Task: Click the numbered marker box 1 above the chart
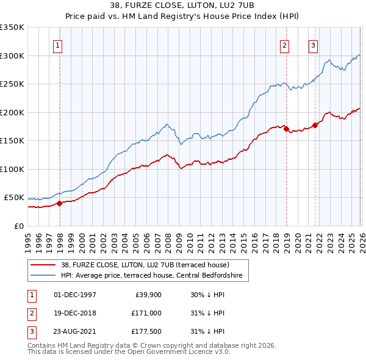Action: click(x=57, y=45)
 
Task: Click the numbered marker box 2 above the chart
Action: click(x=285, y=45)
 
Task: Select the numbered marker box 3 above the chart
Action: click(x=313, y=45)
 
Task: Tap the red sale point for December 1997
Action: click(x=59, y=204)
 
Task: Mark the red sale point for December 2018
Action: click(x=286, y=129)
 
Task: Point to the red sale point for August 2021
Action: click(x=315, y=125)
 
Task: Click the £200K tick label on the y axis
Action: click(x=12, y=112)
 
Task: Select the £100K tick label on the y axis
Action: click(x=12, y=169)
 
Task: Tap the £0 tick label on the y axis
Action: click(x=18, y=226)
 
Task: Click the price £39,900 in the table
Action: click(x=147, y=295)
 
